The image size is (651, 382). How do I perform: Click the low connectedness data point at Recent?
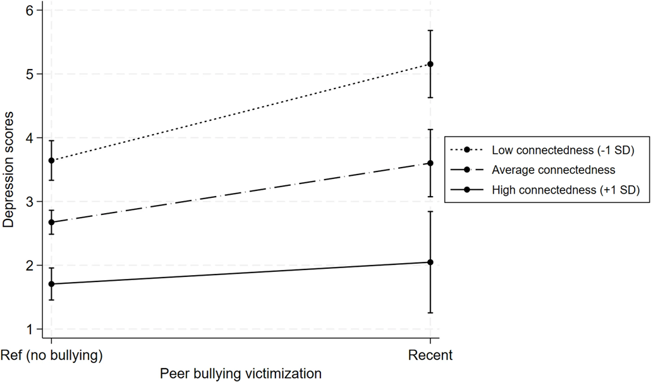coord(430,64)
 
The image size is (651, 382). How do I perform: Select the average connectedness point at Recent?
coord(430,163)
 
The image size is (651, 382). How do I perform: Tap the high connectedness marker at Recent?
coord(430,262)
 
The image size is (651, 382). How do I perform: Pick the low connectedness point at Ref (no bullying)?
coord(51,161)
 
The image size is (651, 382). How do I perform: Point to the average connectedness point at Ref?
coord(51,222)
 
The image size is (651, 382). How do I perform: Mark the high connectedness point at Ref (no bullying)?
coord(51,284)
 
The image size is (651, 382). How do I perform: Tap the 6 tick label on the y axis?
coord(28,11)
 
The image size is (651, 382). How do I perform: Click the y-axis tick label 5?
coord(28,75)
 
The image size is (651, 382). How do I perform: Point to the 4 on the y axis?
coord(28,138)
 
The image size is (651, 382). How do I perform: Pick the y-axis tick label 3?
coord(28,202)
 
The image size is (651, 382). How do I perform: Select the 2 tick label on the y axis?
coord(28,266)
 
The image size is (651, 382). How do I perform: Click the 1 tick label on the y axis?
coord(28,330)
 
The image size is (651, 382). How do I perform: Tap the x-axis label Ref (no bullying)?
coord(51,355)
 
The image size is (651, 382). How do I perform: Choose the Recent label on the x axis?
coord(430,355)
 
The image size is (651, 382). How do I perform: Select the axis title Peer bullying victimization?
coord(241,374)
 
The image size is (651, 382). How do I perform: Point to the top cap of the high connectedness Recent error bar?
coord(430,211)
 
